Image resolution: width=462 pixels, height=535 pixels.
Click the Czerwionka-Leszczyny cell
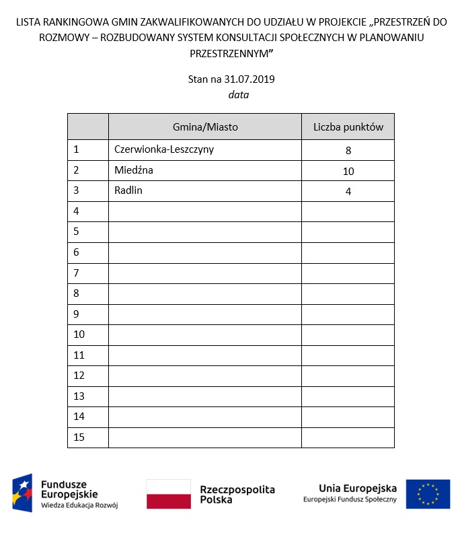click(164, 149)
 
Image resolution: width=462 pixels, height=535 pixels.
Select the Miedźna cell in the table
click(134, 170)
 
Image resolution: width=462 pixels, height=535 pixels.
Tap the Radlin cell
click(128, 190)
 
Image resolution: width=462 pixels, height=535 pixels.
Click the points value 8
click(348, 151)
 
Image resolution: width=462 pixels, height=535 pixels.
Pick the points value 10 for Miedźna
click(348, 171)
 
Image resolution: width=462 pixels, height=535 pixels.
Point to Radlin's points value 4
click(348, 192)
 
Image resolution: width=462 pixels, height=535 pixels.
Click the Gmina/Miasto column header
click(205, 127)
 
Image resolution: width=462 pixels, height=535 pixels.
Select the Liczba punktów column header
click(348, 127)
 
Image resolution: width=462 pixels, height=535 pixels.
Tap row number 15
click(79, 437)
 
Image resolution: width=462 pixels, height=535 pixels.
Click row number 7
click(77, 273)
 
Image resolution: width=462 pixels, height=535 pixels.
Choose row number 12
click(79, 375)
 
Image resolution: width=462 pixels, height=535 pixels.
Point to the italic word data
click(239, 95)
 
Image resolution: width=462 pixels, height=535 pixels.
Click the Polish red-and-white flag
click(169, 494)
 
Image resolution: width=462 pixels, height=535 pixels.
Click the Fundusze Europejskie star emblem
click(23, 493)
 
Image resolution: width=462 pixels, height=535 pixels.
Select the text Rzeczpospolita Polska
click(237, 495)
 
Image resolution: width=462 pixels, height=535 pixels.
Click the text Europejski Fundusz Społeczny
click(350, 499)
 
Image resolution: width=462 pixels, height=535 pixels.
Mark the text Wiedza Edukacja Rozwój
click(79, 505)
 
